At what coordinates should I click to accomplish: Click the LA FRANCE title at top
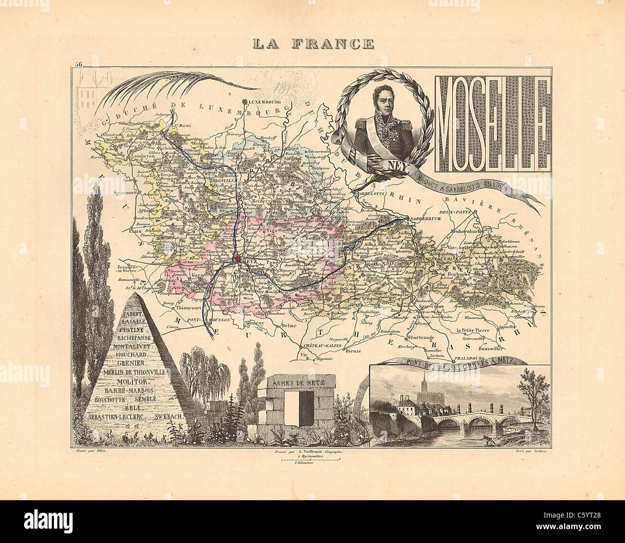tap(313, 44)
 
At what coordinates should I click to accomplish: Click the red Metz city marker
tap(237, 259)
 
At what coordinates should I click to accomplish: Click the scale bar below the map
tap(310, 460)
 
